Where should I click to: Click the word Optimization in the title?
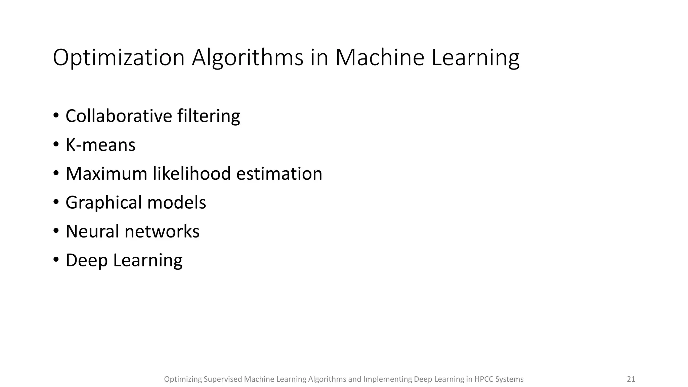pos(119,58)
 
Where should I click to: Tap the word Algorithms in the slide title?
pos(248,58)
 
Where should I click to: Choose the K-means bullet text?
pos(100,145)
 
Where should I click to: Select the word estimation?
pos(279,174)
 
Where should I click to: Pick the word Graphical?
pos(103,203)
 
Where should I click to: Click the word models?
pos(176,203)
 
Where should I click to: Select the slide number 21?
pos(631,379)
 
